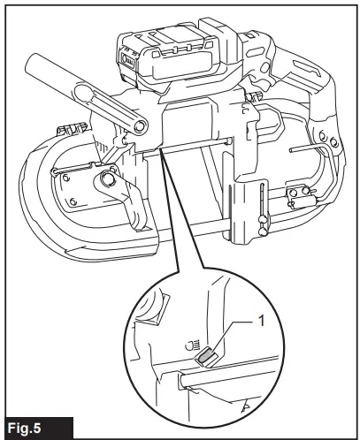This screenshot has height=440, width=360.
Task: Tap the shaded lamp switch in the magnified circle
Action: click(206, 355)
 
